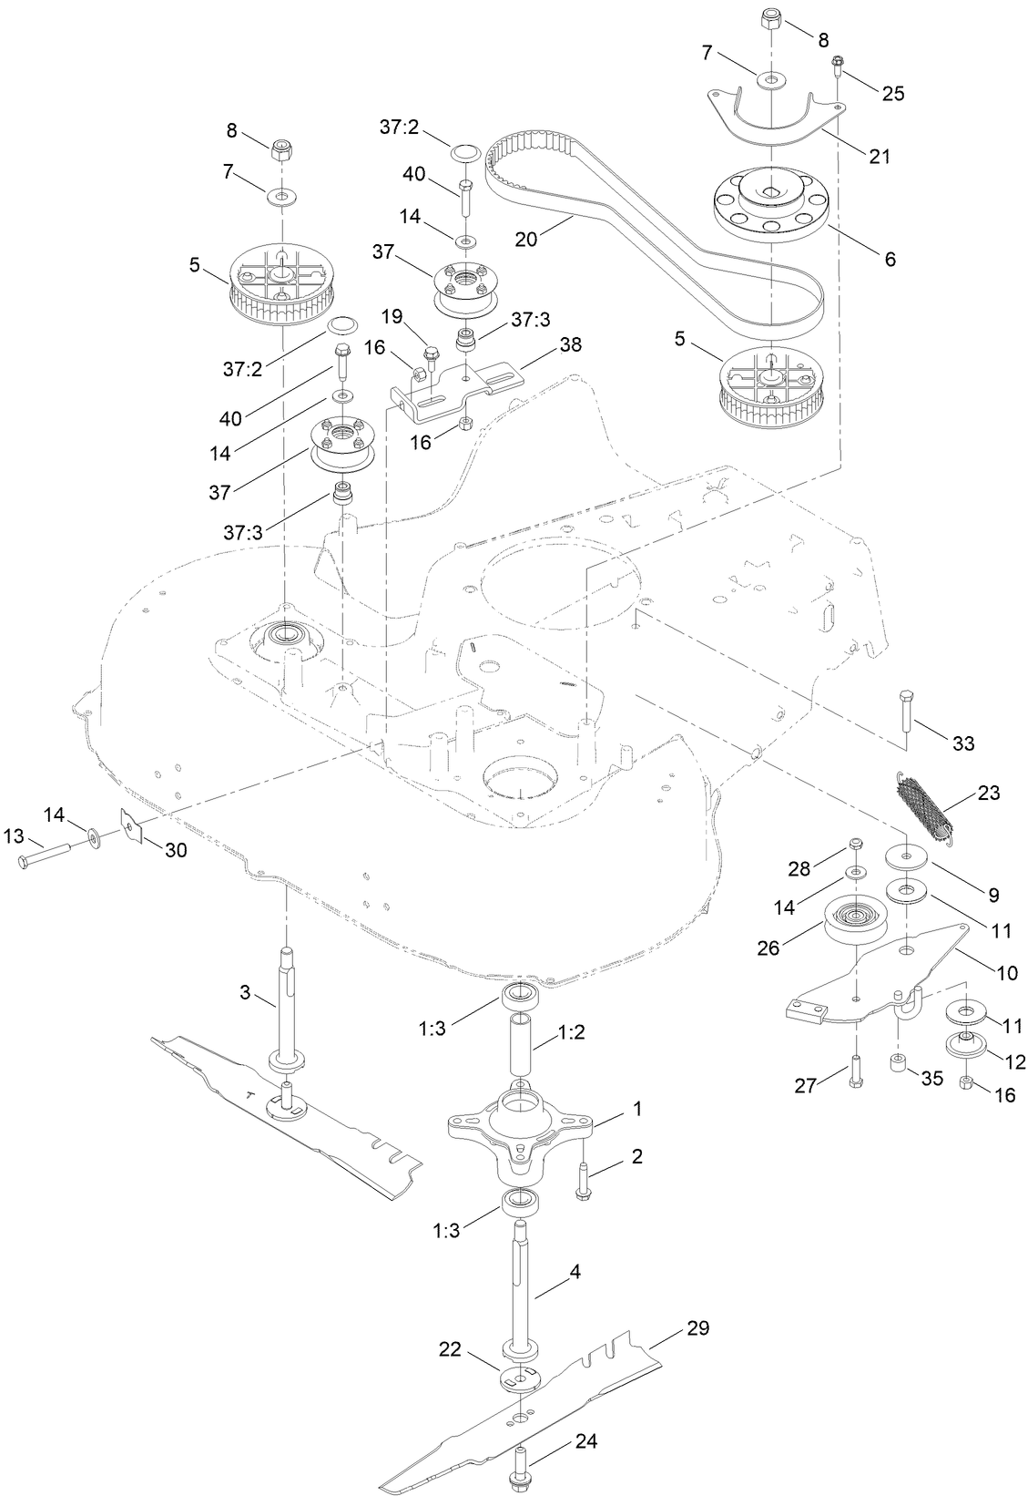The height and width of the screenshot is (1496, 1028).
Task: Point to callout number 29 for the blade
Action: click(x=697, y=1327)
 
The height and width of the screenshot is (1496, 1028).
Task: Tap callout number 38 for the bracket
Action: click(x=570, y=345)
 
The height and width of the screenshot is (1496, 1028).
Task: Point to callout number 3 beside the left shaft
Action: click(x=245, y=993)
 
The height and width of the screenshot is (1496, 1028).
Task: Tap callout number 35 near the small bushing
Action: click(x=931, y=1077)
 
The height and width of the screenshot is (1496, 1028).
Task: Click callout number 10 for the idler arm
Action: click(x=1007, y=973)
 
